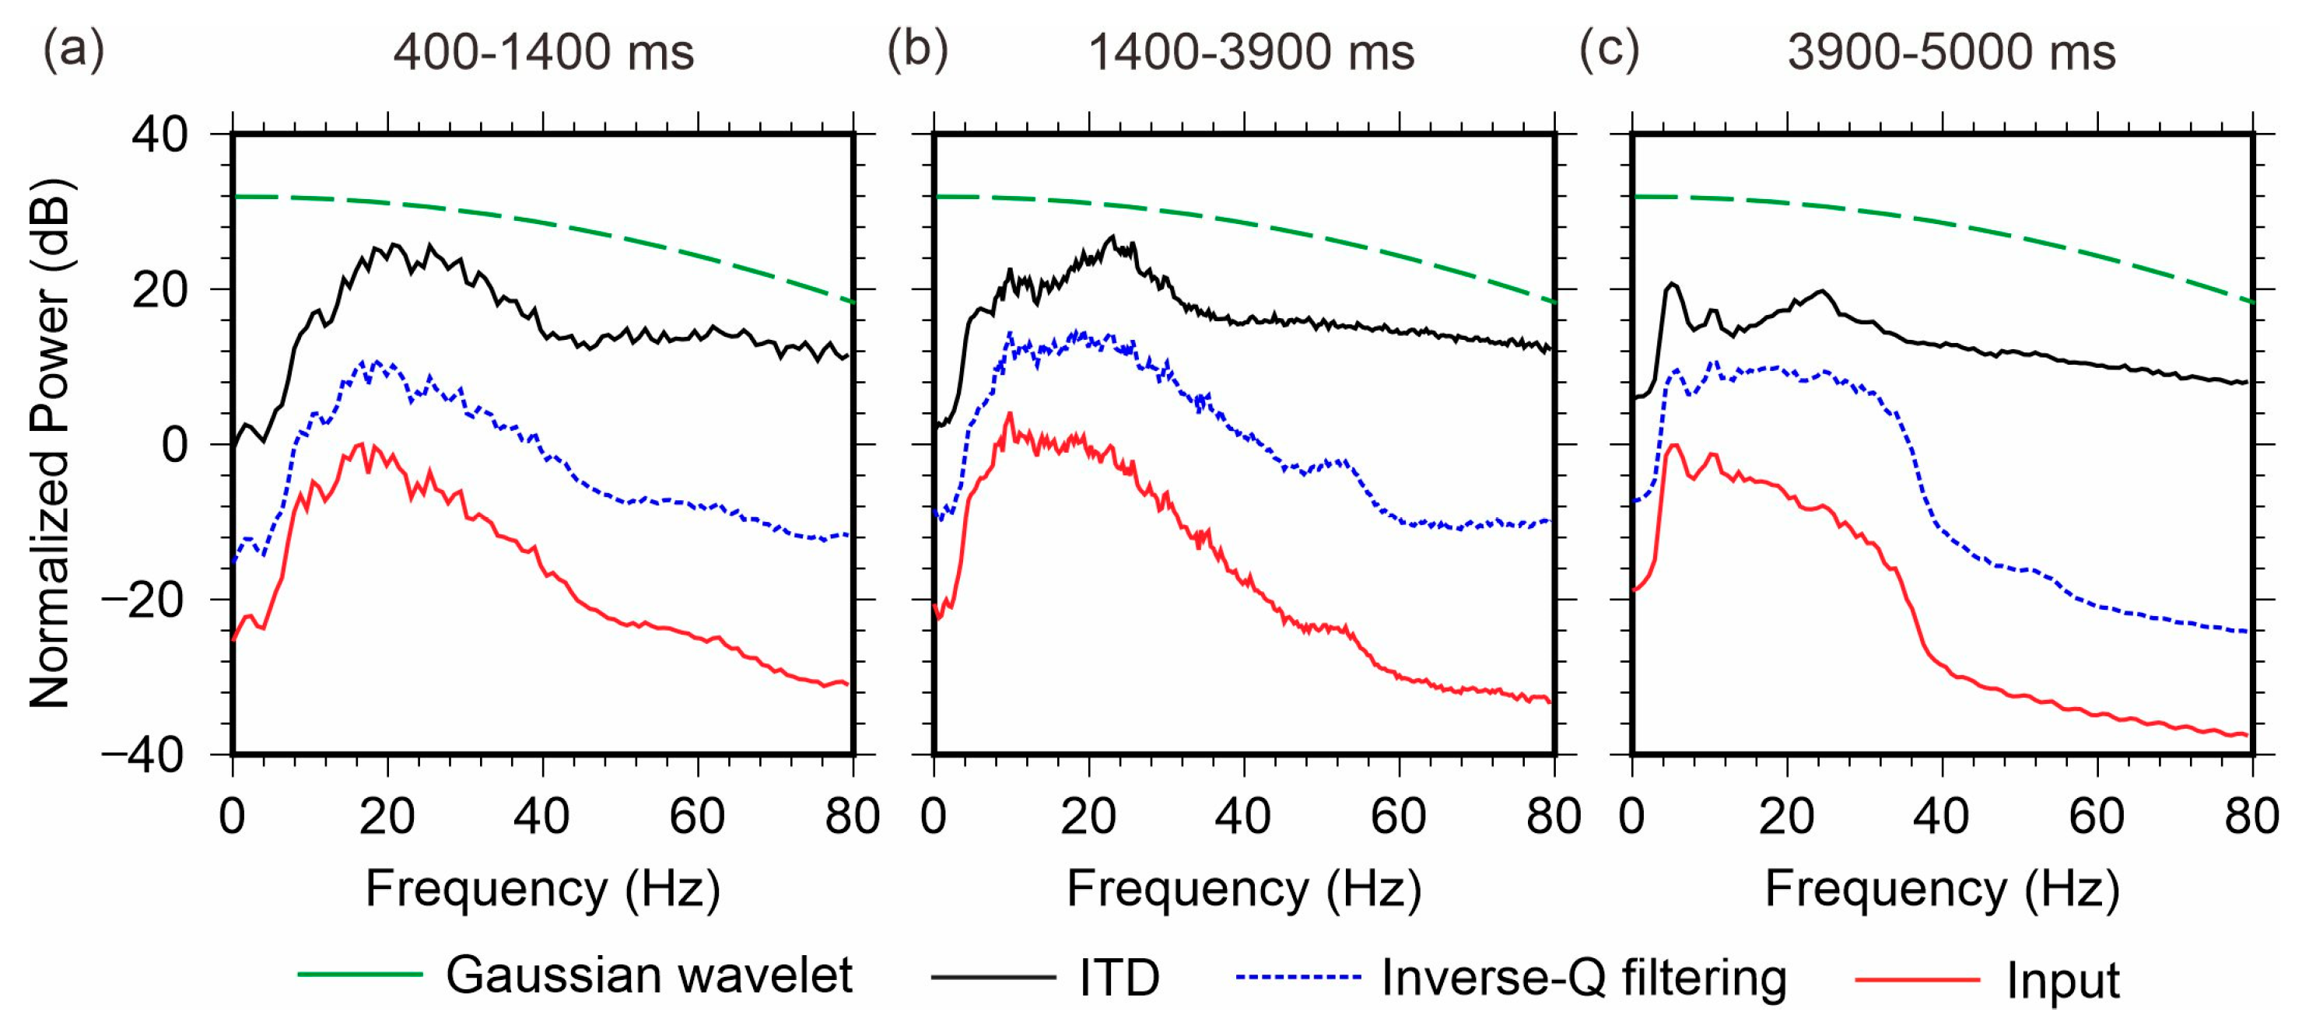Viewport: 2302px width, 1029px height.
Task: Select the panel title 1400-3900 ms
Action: pyautogui.click(x=1251, y=53)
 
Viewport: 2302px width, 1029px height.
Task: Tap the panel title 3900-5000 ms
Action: pyautogui.click(x=1952, y=53)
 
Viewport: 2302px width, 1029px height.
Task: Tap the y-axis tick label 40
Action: pyautogui.click(x=161, y=136)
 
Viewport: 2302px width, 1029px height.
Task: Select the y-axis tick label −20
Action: pyautogui.click(x=145, y=601)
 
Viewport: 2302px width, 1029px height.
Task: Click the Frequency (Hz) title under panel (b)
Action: pyautogui.click(x=1244, y=889)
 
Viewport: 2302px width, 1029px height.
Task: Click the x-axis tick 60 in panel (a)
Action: pyautogui.click(x=697, y=817)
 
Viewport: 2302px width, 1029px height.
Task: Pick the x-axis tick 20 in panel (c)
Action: pyautogui.click(x=1786, y=817)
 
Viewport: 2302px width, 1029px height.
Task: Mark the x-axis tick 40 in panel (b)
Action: pyautogui.click(x=1243, y=817)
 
